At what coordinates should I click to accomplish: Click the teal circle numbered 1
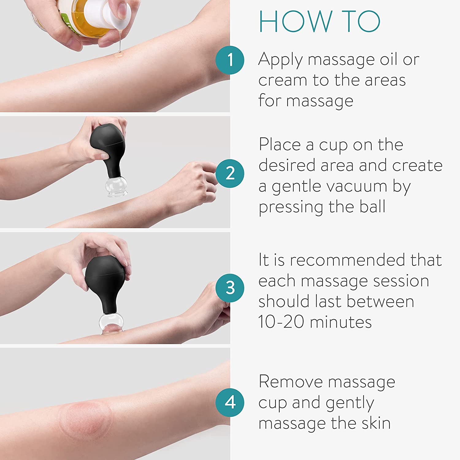(230, 60)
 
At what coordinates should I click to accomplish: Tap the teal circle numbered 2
(230, 174)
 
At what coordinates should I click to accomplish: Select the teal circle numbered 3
(230, 288)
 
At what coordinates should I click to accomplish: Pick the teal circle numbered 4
(230, 402)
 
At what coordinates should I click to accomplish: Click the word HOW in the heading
(295, 21)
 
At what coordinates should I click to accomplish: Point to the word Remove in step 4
(291, 382)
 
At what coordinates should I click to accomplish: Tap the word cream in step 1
(282, 80)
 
